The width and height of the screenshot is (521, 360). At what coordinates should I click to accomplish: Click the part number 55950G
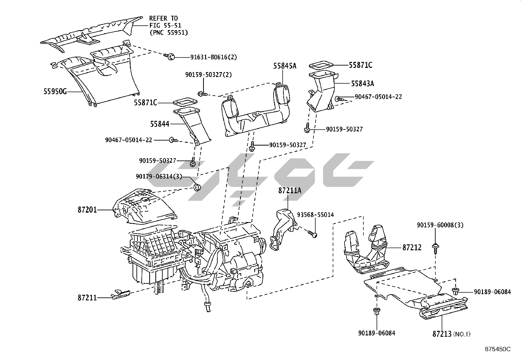pyautogui.click(x=55, y=91)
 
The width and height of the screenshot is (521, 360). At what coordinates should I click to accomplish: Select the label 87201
pyautogui.click(x=87, y=209)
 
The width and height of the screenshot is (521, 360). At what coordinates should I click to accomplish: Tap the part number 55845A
pyautogui.click(x=285, y=66)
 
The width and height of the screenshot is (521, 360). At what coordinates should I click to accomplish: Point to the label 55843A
pyautogui.click(x=362, y=84)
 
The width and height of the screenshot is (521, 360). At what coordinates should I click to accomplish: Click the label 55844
pyautogui.click(x=160, y=124)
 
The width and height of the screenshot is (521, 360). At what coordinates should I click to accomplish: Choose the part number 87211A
pyautogui.click(x=290, y=190)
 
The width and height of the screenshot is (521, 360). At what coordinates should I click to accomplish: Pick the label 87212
pyautogui.click(x=412, y=248)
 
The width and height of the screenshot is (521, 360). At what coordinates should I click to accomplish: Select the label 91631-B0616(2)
pyautogui.click(x=213, y=57)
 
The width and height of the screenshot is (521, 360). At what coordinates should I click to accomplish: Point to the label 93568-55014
pyautogui.click(x=315, y=215)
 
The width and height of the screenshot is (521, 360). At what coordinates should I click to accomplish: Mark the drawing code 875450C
pyautogui.click(x=497, y=349)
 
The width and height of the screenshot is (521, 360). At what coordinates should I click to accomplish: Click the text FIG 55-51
pyautogui.click(x=165, y=25)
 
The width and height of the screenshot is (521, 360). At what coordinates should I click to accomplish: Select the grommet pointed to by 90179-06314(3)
pyautogui.click(x=197, y=188)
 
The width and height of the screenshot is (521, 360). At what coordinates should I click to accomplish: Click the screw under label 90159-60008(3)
pyautogui.click(x=435, y=247)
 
